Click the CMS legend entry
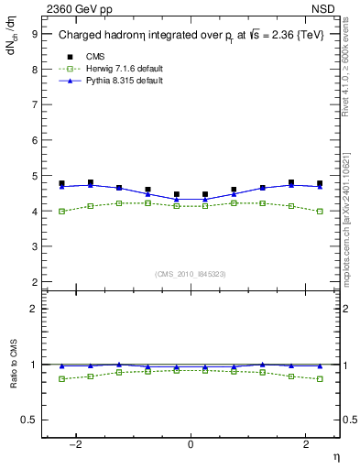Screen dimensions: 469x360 [x=93, y=57]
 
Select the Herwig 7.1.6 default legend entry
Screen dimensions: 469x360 [x=115, y=69]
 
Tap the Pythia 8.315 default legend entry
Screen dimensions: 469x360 [x=115, y=81]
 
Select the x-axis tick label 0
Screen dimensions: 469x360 [x=191, y=444]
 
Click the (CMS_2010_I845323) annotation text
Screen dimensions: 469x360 [x=191, y=274]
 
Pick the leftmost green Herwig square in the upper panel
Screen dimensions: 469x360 [x=61, y=212]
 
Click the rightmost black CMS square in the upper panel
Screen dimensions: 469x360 [x=320, y=183]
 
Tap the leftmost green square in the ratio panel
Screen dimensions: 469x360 [x=61, y=379]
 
